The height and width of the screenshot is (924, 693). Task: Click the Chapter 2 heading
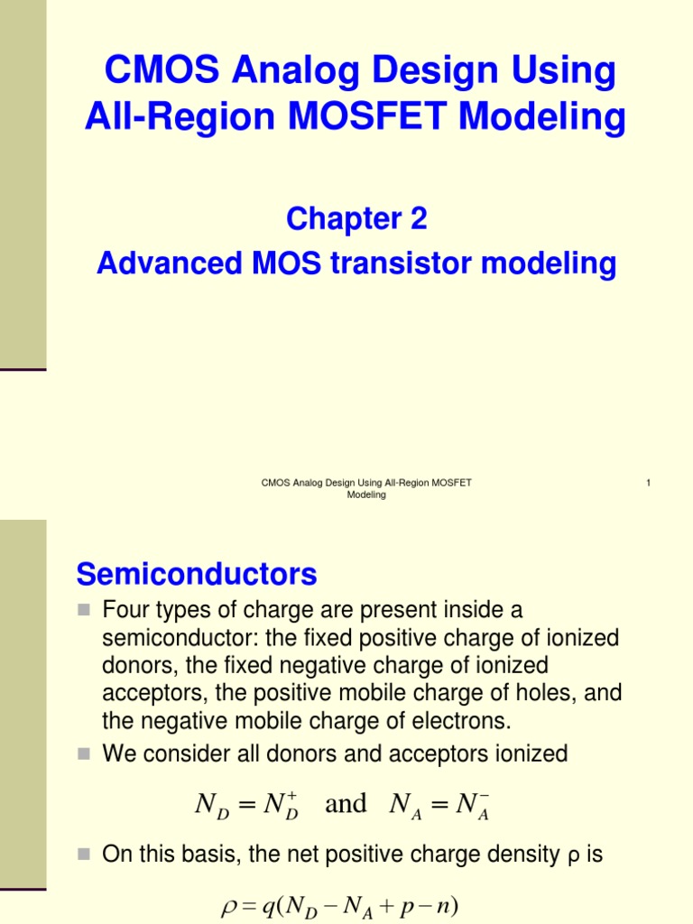coord(356,218)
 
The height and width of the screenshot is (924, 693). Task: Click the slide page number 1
coord(649,484)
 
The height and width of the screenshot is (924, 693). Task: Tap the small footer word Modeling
coord(366,495)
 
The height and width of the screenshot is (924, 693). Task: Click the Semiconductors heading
coord(197,574)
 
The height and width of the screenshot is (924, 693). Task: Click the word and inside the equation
coord(346,803)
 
